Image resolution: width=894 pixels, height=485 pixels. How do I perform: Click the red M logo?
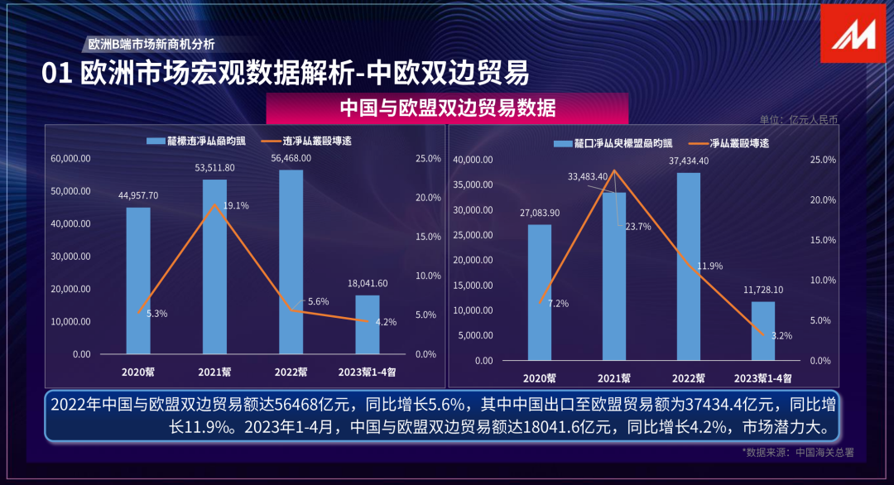coord(853,32)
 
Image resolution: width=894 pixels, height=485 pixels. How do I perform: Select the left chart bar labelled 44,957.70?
coord(138,281)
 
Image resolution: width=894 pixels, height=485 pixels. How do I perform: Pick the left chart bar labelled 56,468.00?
coord(291,262)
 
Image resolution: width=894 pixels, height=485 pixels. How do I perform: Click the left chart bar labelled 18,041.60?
coord(368,324)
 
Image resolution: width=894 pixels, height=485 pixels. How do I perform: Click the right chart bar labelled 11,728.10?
coord(763,331)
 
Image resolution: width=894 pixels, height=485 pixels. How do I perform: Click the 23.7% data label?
coord(638,226)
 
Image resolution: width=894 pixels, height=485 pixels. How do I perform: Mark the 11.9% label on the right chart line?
coord(710,267)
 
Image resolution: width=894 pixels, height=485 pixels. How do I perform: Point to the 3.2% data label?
coord(781,336)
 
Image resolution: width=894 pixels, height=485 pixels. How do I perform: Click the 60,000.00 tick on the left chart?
coord(70,158)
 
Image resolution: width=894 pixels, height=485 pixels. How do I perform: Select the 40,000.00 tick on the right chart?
coord(474,160)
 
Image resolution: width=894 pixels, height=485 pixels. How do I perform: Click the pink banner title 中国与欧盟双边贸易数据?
coord(447,108)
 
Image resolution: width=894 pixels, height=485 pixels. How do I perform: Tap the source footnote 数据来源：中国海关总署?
coord(799,453)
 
